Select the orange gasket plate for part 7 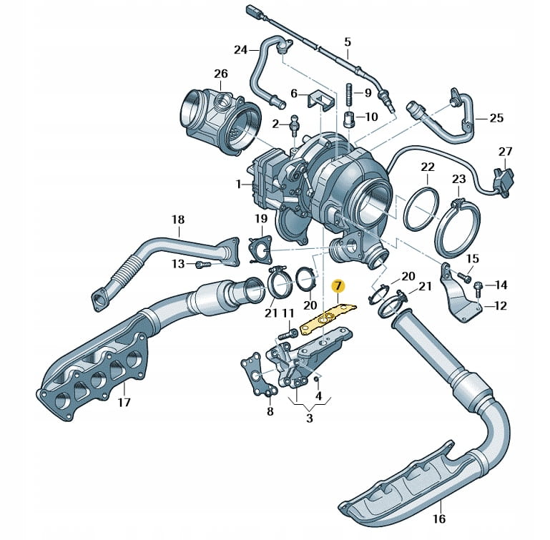pos(328,318)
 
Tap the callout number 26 pos(220,74)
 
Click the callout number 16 pos(439,519)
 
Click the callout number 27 pos(506,152)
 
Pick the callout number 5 pos(348,41)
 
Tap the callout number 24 pos(241,49)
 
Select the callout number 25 pos(497,118)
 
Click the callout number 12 pos(499,305)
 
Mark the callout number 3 pos(309,418)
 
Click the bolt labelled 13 pos(201,265)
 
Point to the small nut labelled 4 pos(315,378)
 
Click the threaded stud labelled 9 pos(350,93)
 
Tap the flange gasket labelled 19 pos(260,250)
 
